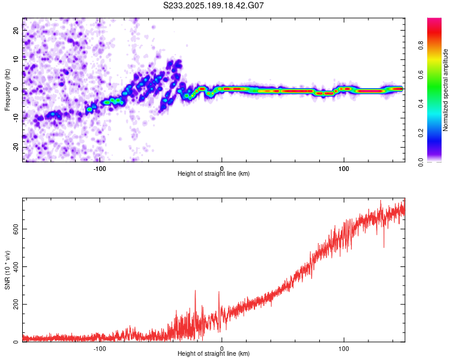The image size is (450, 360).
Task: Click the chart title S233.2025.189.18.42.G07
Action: pos(213,5)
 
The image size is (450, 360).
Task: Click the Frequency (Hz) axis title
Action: pos(7,90)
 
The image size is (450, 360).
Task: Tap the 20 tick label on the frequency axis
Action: pos(16,31)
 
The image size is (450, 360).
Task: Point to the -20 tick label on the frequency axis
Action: pos(16,147)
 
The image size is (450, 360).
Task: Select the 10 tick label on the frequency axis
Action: pos(16,60)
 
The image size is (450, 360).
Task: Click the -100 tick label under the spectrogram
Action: pos(99,169)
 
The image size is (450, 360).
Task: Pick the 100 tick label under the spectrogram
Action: pos(344,169)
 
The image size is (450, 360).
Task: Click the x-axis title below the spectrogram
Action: pos(214,173)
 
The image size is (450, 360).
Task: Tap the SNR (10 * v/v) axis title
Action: pos(7,270)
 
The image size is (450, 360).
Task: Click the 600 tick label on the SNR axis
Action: pos(16,229)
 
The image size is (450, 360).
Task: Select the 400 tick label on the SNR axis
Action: pos(16,266)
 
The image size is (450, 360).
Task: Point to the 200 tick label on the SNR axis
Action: pos(16,304)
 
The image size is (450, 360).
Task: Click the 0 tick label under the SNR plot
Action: pos(221,349)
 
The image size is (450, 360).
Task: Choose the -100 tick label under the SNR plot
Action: pos(99,349)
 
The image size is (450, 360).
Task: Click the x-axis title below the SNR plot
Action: pos(214,353)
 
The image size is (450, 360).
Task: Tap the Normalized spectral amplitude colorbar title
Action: pos(445,90)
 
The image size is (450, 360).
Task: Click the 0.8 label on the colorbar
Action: pos(421,46)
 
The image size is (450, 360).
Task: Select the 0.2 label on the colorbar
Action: pos(421,133)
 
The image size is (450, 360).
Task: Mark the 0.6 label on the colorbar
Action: pos(421,74)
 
